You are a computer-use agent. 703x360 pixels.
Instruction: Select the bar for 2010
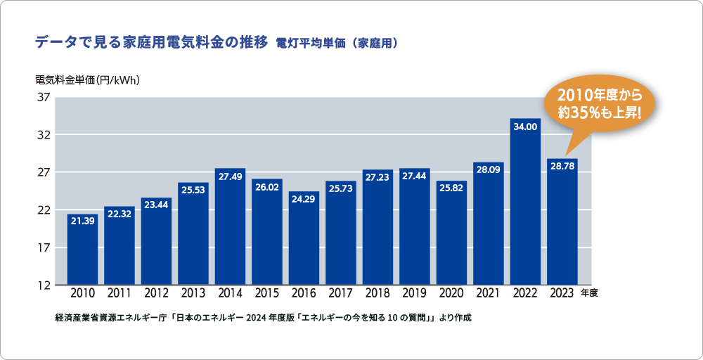tap(82, 253)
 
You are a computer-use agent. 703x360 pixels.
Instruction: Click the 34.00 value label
tap(525, 127)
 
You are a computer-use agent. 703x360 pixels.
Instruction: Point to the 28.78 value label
tap(562, 167)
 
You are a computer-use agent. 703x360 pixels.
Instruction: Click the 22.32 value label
tap(120, 214)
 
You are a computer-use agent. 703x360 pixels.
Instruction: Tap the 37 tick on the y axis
tap(41, 97)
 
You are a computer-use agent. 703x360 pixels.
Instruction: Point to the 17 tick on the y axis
tap(41, 247)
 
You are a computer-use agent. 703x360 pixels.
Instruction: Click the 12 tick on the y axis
tap(41, 285)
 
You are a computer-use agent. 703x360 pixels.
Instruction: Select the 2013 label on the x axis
tap(193, 293)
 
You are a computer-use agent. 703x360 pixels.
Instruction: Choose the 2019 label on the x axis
tap(415, 293)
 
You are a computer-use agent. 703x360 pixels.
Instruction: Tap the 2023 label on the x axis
tap(562, 293)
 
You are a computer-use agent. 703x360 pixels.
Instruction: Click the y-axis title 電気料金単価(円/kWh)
tap(89, 80)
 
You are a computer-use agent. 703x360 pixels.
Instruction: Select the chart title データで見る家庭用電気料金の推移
tap(151, 43)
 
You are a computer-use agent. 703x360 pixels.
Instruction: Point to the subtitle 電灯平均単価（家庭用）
tap(338, 44)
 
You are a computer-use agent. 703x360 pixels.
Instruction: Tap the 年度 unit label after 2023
tap(589, 294)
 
